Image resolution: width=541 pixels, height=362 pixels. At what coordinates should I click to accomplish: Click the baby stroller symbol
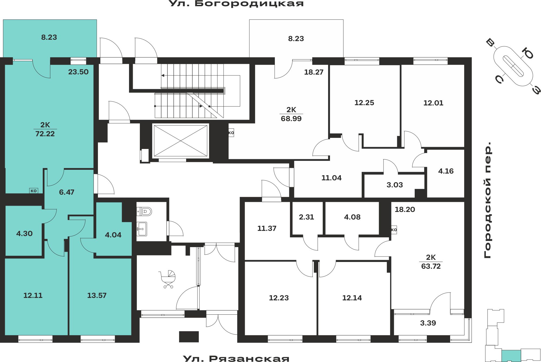coord(168,279)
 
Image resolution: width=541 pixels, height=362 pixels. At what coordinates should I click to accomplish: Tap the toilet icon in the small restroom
coord(145,211)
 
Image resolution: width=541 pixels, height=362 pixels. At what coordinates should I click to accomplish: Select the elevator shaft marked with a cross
coord(180,141)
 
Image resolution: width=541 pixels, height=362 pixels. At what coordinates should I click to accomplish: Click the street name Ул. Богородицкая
coord(236,4)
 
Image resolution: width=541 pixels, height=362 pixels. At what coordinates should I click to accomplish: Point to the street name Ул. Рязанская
coord(236,358)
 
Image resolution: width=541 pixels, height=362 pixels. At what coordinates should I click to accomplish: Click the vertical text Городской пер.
coord(487,200)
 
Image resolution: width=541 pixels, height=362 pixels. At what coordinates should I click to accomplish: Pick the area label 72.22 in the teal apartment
coord(45,134)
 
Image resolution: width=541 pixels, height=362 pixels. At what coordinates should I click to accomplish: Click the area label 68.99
coord(291,119)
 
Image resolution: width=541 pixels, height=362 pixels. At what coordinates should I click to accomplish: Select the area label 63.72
coord(431,266)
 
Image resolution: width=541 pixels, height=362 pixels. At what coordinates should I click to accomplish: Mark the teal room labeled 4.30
coord(24,234)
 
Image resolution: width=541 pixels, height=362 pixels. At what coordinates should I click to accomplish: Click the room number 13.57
coord(97,295)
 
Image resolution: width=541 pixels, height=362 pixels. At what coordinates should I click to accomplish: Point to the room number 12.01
coord(433,103)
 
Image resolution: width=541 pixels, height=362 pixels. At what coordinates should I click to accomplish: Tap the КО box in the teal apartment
coord(34,191)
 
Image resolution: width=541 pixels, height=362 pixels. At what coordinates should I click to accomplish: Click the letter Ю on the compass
coord(528,53)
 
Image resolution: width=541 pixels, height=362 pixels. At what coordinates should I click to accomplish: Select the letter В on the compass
coord(490,43)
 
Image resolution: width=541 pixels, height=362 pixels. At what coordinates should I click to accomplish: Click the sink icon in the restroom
coord(142,229)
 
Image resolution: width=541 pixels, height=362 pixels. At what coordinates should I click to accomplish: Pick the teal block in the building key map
coord(511,356)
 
